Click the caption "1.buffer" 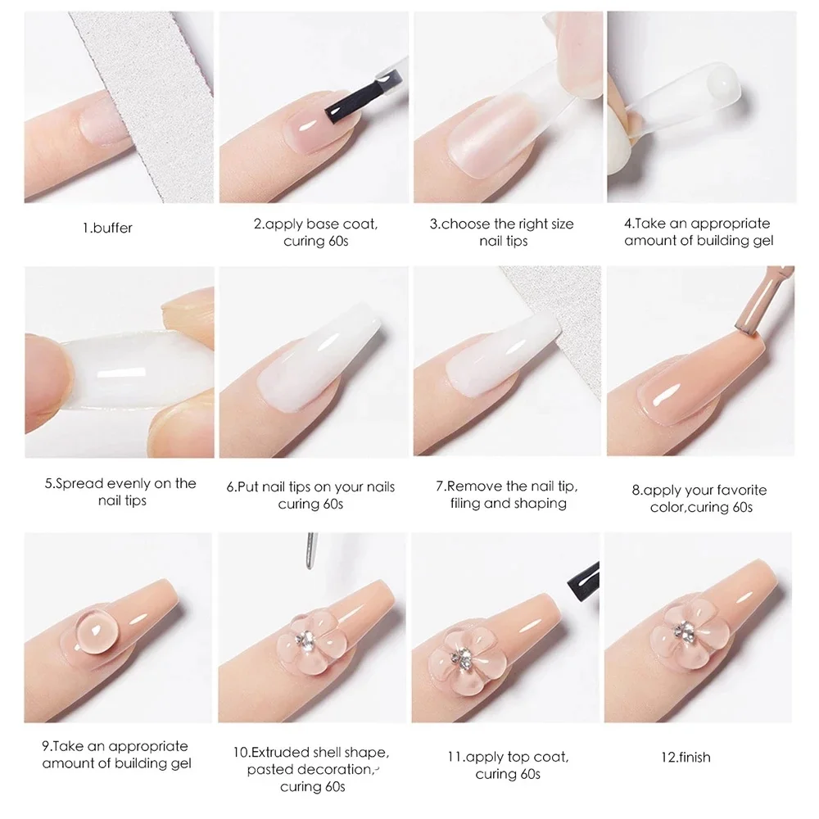tap(107, 228)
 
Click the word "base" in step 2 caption tap(324, 224)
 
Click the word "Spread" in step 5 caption tap(81, 484)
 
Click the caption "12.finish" tap(686, 757)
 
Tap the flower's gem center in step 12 tap(684, 631)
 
